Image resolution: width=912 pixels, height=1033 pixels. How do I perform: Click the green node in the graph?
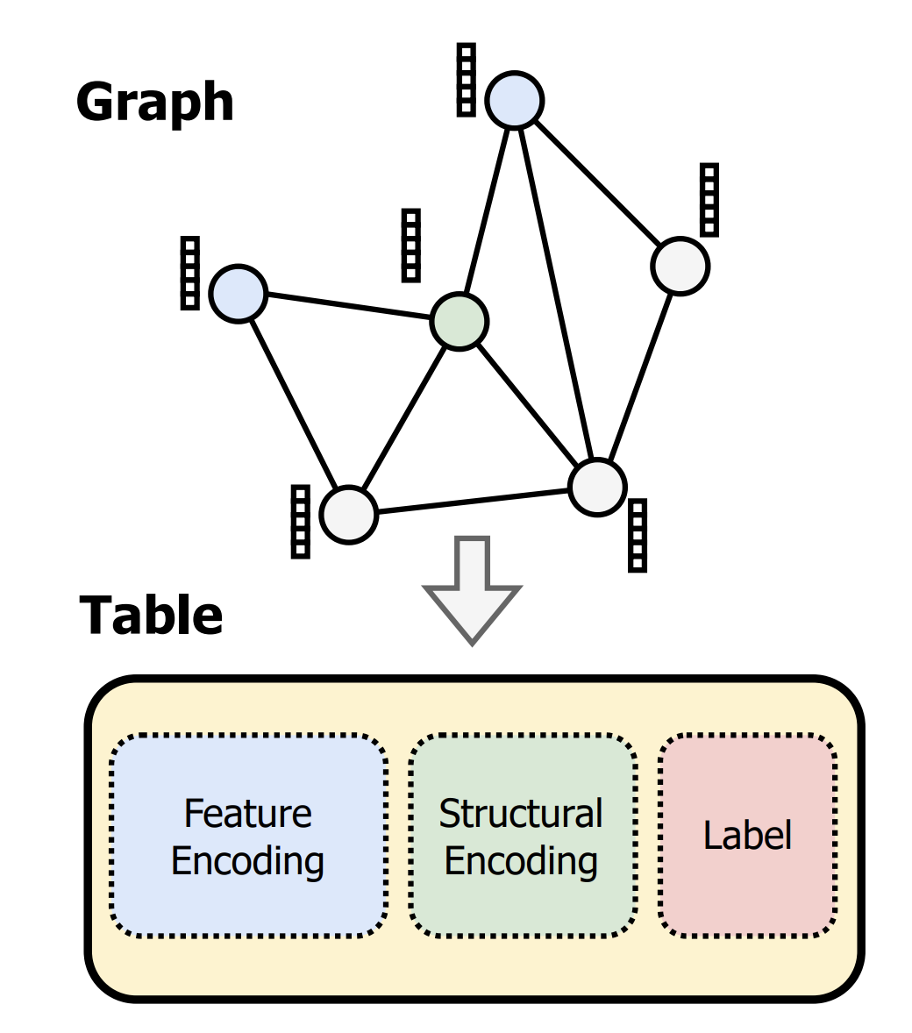[x=460, y=322]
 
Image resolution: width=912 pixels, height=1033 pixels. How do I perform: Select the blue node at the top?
[x=516, y=100]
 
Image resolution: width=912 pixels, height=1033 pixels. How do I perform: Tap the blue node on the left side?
[x=238, y=294]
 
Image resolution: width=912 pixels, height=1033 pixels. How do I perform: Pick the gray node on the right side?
[x=680, y=266]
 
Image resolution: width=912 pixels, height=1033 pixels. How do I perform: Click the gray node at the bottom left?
[x=348, y=515]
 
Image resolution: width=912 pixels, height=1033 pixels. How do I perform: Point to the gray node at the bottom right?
[x=597, y=487]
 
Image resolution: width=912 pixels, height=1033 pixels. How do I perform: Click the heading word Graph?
[x=155, y=103]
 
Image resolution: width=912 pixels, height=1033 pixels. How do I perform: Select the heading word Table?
[x=151, y=616]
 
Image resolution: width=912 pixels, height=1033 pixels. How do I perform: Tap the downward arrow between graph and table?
[x=473, y=592]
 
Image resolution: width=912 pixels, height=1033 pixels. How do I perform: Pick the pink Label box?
[x=747, y=835]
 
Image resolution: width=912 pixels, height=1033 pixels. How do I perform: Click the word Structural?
[x=521, y=814]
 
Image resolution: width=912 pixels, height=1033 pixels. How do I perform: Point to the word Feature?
[x=247, y=814]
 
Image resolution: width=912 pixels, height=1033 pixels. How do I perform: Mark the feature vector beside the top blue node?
[x=467, y=80]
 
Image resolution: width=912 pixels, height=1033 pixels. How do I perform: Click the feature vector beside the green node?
[x=410, y=246]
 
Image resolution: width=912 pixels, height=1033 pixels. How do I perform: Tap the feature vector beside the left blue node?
[x=189, y=273]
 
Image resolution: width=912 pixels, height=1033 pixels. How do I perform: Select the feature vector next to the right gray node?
[x=709, y=200]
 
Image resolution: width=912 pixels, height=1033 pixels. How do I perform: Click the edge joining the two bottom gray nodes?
[x=474, y=501]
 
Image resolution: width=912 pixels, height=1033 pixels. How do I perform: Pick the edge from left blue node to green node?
[x=348, y=306]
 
